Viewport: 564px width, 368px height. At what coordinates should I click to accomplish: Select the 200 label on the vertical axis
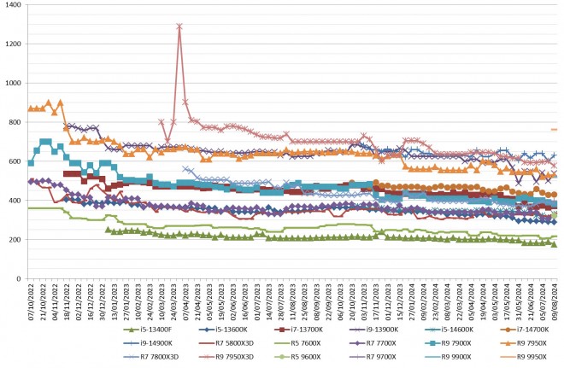pos(15,240)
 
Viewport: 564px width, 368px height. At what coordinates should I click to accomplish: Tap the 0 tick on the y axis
pos(21,279)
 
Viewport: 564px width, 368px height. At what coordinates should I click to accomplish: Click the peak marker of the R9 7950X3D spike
pos(179,26)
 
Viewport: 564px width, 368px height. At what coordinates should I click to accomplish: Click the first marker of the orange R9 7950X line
pos(31,108)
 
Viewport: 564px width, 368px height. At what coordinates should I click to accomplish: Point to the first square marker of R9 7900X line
pos(31,162)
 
